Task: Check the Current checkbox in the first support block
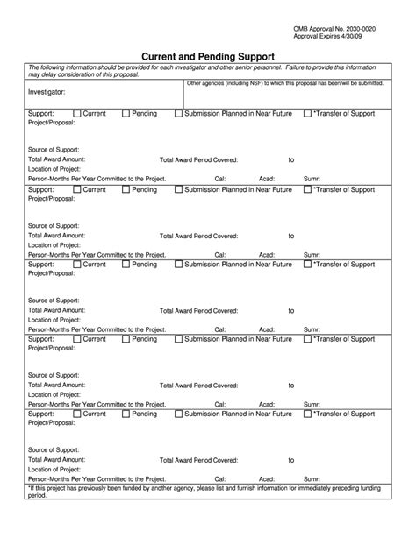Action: tap(77, 114)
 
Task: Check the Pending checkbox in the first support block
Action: tap(126, 114)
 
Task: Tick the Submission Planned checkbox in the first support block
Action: tap(179, 114)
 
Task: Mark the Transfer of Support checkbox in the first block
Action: tap(307, 114)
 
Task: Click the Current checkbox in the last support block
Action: tap(77, 414)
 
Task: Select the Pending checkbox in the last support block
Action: tap(126, 414)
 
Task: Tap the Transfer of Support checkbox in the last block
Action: tap(307, 414)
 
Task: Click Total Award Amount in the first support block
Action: tap(57, 160)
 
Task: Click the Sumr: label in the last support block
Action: tap(312, 479)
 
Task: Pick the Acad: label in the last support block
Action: tap(266, 479)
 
